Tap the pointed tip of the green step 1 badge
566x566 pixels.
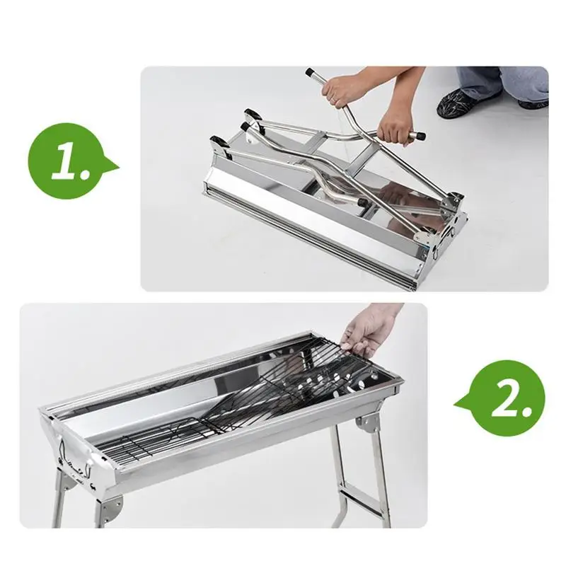(x=117, y=168)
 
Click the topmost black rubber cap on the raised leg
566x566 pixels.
(x=310, y=72)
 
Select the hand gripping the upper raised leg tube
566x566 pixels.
(x=347, y=88)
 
